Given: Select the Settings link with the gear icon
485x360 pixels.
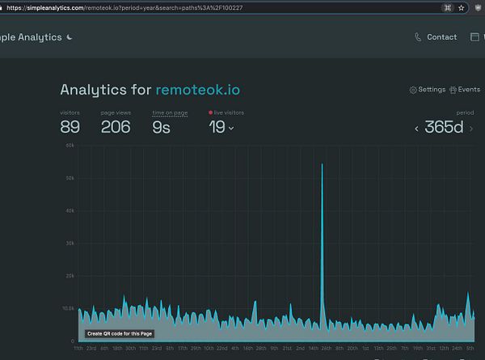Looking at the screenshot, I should coord(428,90).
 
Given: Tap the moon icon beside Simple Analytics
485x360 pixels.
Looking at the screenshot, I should coord(70,37).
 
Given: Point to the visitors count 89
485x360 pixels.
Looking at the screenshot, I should coord(70,126).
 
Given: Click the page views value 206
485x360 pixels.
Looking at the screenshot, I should coord(116,126).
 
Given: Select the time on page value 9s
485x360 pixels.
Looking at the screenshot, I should coord(161,126).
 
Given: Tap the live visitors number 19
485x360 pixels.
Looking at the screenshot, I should coord(217,126).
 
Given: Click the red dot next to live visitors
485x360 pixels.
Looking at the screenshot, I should coord(211,112).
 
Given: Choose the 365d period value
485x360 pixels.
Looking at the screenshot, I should coord(444,127).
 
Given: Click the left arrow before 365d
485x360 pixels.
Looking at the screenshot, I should coord(417,128).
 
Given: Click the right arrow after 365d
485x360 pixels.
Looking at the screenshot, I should coord(471,128).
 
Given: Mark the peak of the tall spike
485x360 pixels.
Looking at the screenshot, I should coord(322,164).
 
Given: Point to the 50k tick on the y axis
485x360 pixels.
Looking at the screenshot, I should coord(71,178).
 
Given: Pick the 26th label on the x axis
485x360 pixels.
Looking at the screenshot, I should coord(327,348).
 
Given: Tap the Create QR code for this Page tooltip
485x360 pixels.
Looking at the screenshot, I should coord(120,333).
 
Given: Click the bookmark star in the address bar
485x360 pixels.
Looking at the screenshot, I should coord(461,6).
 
